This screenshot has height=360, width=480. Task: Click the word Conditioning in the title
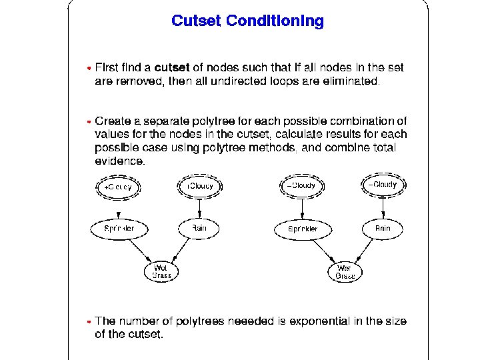[275, 21]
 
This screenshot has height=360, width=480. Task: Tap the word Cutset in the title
[197, 21]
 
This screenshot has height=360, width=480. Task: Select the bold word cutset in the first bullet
[172, 67]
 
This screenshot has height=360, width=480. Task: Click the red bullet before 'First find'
[89, 68]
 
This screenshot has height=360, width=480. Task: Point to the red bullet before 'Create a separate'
[89, 122]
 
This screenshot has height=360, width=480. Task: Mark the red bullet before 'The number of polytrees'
[89, 321]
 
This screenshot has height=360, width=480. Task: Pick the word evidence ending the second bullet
[119, 161]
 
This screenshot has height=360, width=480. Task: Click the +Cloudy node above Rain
[199, 185]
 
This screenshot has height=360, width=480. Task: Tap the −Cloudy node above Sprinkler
[301, 185]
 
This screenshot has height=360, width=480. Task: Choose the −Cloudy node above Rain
[383, 184]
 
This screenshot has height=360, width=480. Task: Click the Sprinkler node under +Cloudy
[119, 228]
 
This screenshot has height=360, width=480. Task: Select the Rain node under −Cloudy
[383, 228]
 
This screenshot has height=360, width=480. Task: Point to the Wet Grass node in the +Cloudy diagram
[161, 271]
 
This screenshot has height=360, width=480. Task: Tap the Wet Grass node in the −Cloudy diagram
[345, 271]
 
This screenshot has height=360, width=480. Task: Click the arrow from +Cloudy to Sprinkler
[118, 208]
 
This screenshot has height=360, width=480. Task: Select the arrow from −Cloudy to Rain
[383, 207]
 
